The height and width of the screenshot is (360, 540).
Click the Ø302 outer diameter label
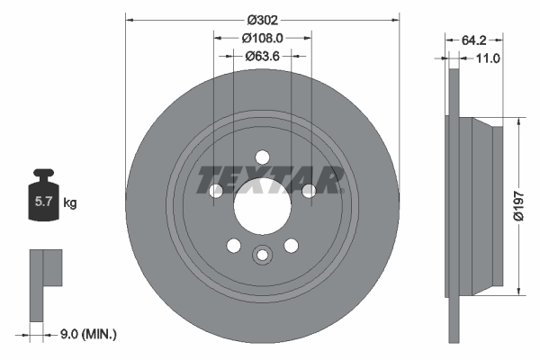[x=262, y=20]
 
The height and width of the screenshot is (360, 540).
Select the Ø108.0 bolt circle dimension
[x=263, y=39]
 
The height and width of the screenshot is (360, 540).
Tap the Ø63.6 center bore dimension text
[x=263, y=56]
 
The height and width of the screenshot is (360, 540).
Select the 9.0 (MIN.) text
[x=88, y=334]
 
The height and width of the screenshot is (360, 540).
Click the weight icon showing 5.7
[x=42, y=201]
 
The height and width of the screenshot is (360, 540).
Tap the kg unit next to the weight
[x=70, y=203]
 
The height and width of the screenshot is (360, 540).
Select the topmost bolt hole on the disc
[x=262, y=155]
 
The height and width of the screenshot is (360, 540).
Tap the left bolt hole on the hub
[x=216, y=190]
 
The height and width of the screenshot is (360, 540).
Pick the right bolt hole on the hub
[x=309, y=190]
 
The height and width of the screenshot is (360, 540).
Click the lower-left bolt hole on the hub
[x=233, y=246]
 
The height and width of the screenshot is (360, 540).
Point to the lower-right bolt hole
[x=291, y=246]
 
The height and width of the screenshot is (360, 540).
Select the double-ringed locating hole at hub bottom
[x=262, y=255]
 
